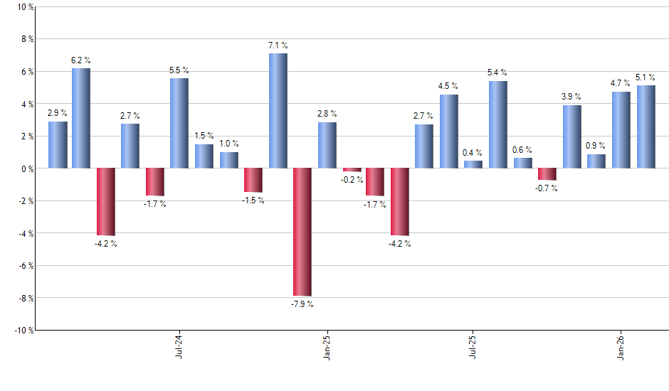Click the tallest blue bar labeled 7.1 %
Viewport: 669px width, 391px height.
[x=278, y=110]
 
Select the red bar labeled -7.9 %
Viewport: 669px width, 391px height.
[x=302, y=232]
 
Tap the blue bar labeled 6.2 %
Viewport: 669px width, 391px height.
[x=81, y=118]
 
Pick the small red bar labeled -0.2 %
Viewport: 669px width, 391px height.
[x=352, y=170]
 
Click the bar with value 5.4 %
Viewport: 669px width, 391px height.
[x=498, y=124]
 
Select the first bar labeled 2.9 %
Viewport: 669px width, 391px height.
[x=58, y=144]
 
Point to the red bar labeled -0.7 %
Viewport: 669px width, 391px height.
[x=547, y=174]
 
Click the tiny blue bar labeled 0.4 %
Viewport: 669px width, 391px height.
[x=473, y=164]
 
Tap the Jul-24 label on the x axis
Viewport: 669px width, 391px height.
[x=178, y=345]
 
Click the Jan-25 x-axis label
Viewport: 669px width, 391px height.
[x=326, y=345]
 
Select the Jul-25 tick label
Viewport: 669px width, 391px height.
[x=473, y=345]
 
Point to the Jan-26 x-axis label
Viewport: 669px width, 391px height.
[x=621, y=345]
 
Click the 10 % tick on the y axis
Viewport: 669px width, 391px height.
[x=25, y=7]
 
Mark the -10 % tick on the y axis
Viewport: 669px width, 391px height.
[x=23, y=330]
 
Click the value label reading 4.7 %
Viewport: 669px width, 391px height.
[x=621, y=83]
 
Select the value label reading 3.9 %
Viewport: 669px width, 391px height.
[x=571, y=97]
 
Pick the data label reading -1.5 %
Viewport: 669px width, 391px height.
[x=253, y=200]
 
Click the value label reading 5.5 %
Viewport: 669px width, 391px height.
[x=179, y=70]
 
